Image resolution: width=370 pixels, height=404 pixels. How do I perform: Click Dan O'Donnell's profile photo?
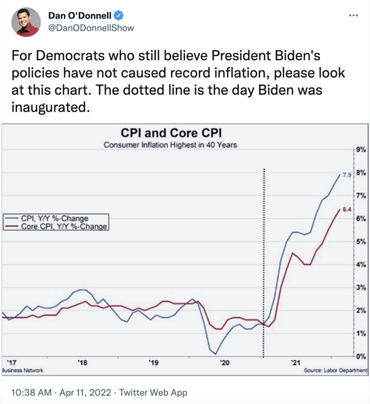pos(26,22)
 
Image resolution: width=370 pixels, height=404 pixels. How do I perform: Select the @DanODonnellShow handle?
pos(91,28)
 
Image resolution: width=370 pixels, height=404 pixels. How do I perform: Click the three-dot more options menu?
pos(353,15)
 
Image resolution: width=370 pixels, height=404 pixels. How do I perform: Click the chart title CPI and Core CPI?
pos(171,132)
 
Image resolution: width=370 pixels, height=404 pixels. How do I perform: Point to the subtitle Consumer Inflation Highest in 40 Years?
pos(171,145)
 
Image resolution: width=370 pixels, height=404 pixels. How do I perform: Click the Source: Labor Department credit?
pos(336,370)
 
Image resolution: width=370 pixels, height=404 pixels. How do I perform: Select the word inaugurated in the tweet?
pos(50,107)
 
